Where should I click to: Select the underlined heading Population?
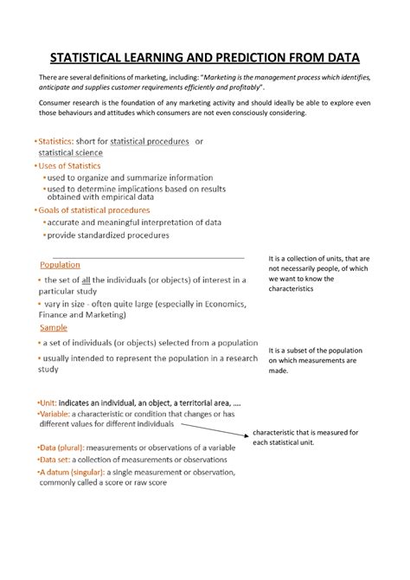[60, 265]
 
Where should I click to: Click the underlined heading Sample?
[54, 328]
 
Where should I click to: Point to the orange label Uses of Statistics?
[68, 165]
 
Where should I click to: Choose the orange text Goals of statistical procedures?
[93, 209]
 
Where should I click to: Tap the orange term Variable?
[57, 415]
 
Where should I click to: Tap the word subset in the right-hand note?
[304, 351]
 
